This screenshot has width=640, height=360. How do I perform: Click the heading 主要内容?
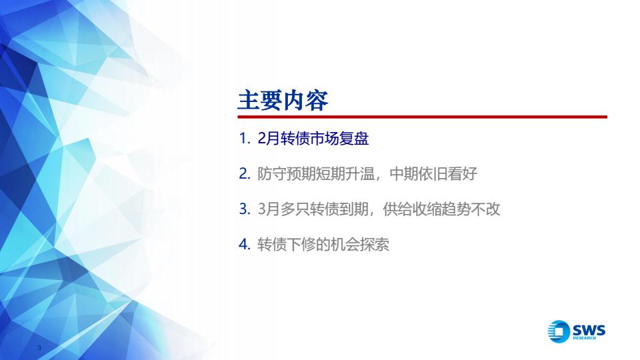pyautogui.click(x=283, y=100)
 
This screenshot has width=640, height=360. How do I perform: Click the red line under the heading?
pyautogui.click(x=423, y=117)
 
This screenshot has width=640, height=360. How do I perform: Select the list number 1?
pyautogui.click(x=245, y=139)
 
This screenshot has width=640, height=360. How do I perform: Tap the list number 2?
pyautogui.click(x=245, y=174)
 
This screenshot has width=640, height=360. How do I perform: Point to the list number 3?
pyautogui.click(x=245, y=209)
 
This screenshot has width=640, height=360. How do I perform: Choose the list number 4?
pyautogui.click(x=245, y=245)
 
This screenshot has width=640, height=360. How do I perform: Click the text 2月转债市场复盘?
pyautogui.click(x=313, y=139)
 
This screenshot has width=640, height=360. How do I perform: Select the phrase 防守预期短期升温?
pyautogui.click(x=316, y=174)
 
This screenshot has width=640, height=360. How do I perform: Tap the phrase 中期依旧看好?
pyautogui.click(x=433, y=174)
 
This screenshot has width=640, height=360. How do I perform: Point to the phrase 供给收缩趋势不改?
pyautogui.click(x=441, y=209)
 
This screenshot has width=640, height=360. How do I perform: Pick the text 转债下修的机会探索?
pyautogui.click(x=323, y=245)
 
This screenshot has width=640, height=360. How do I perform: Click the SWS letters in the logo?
pyautogui.click(x=589, y=330)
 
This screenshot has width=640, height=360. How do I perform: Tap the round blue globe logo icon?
pyautogui.click(x=559, y=331)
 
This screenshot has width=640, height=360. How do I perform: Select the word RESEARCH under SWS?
pyautogui.click(x=585, y=338)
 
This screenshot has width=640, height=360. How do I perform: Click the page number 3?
pyautogui.click(x=39, y=348)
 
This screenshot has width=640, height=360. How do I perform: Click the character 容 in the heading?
pyautogui.click(x=317, y=101)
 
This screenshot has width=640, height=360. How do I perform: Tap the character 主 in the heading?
pyautogui.click(x=249, y=101)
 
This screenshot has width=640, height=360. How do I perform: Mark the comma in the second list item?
pyautogui.click(x=379, y=179)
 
